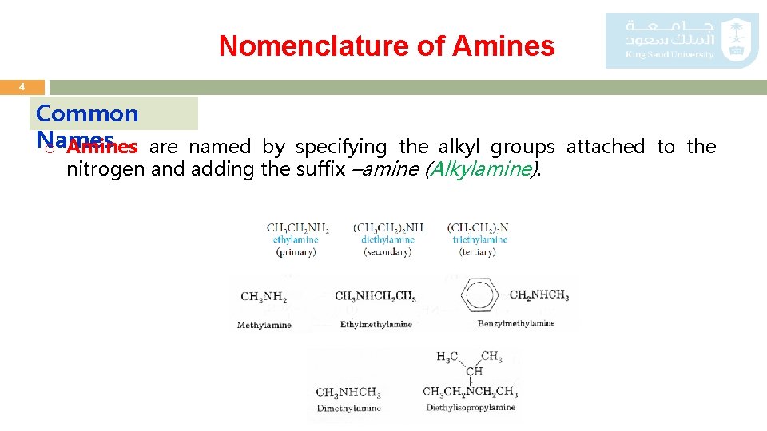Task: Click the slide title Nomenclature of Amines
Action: (x=387, y=45)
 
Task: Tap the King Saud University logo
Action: (x=682, y=40)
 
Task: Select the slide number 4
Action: (x=22, y=86)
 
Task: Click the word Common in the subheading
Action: (x=87, y=113)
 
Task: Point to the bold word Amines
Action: (x=102, y=147)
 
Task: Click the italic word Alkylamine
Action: (x=482, y=168)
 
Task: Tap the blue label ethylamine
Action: (x=296, y=239)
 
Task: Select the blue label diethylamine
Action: (x=387, y=239)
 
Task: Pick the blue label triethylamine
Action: (x=479, y=239)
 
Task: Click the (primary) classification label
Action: (x=296, y=252)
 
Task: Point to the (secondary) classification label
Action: (x=387, y=252)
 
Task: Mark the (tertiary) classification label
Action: (x=478, y=252)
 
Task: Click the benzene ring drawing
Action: (x=483, y=295)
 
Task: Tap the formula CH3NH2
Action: (x=263, y=297)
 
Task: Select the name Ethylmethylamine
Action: (x=376, y=325)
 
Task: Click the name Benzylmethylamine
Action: (x=515, y=324)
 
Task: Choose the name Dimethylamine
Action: (x=349, y=409)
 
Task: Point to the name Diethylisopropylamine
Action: (x=471, y=408)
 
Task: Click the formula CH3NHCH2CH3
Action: (x=376, y=297)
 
